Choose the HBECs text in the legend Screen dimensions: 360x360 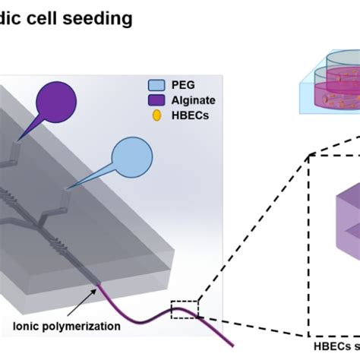tap(189, 115)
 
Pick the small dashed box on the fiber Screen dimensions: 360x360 tap(184, 310)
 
